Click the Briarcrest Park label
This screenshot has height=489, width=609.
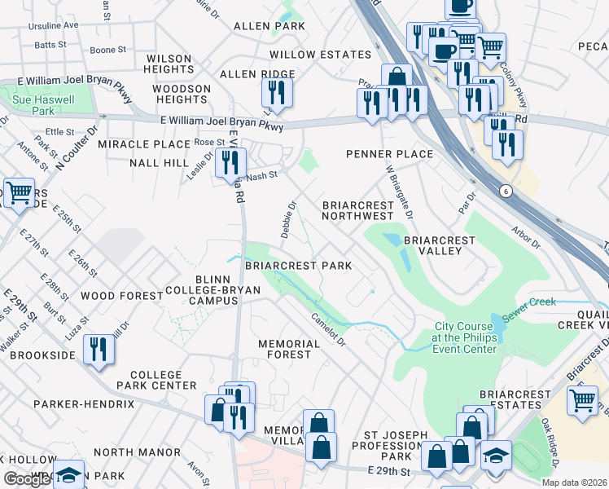(x=298, y=266)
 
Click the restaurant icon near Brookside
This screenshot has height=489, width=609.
(x=99, y=350)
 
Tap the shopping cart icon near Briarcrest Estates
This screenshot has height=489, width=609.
(x=581, y=401)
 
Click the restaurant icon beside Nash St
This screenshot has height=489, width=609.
(x=230, y=162)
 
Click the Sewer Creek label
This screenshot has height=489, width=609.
(x=529, y=302)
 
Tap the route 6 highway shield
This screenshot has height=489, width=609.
(x=506, y=191)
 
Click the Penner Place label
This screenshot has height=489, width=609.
(x=389, y=154)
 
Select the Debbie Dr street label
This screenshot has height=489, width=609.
(x=288, y=219)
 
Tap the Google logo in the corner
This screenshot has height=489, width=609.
(x=27, y=479)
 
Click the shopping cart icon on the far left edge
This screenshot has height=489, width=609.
(x=19, y=193)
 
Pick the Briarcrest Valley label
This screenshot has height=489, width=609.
(x=439, y=245)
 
